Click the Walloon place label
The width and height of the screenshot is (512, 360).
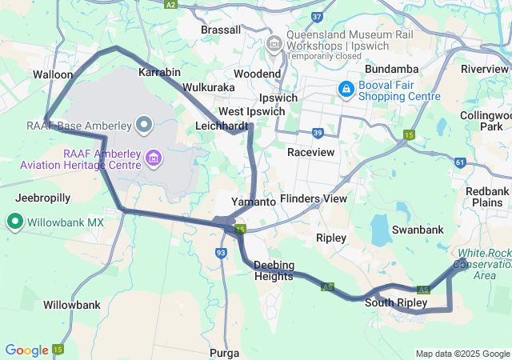click(53, 74)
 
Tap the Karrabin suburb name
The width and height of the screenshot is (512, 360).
click(159, 72)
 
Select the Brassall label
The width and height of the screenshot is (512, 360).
click(221, 30)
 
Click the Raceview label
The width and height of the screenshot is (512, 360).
click(310, 150)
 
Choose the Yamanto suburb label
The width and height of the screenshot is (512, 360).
click(253, 202)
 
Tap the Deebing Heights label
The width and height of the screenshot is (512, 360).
click(274, 270)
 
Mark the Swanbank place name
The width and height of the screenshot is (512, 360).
click(417, 230)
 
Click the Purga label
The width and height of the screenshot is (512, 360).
click(223, 352)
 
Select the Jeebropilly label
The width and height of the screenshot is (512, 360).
click(43, 197)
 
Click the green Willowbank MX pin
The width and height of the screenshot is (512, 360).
click(14, 222)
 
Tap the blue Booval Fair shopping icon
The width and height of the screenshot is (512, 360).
click(346, 89)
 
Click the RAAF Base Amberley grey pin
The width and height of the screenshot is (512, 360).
click(144, 124)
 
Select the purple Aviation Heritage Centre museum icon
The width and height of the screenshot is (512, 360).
click(153, 161)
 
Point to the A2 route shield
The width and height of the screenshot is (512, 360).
click(170, 4)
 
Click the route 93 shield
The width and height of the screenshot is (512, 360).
click(221, 253)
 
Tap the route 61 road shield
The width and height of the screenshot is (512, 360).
click(459, 162)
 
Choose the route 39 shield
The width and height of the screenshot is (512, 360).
click(318, 133)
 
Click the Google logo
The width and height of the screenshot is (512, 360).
click(26, 350)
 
